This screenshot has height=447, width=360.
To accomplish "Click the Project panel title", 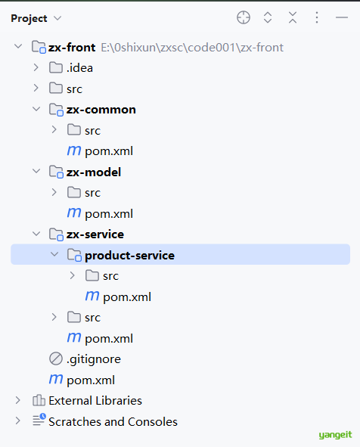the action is click(x=29, y=18).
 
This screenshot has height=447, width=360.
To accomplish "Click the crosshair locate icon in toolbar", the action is click(x=244, y=17).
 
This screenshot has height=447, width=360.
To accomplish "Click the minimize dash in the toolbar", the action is click(x=342, y=17).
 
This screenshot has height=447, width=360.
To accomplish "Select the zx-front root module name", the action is click(x=72, y=48).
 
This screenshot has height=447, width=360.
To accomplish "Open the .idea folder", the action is click(x=79, y=68).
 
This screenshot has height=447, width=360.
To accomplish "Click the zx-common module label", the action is click(x=101, y=110).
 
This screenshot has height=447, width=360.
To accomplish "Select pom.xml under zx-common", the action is click(x=109, y=151).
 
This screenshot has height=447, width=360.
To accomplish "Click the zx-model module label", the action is click(x=94, y=172).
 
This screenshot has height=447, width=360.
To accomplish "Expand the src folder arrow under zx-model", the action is click(x=54, y=193).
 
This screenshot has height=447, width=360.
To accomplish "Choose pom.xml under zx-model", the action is click(x=109, y=214).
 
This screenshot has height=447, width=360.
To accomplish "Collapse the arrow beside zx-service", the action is click(x=36, y=234).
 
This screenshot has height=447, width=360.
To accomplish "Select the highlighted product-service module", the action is click(x=129, y=256).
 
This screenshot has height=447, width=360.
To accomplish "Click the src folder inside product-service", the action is click(x=111, y=276).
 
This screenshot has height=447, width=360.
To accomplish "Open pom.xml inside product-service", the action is click(x=127, y=297).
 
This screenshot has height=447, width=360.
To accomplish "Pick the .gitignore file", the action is click(x=94, y=359).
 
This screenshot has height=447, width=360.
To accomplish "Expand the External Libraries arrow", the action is click(x=17, y=401).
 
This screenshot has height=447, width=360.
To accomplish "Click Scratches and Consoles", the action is click(x=113, y=421).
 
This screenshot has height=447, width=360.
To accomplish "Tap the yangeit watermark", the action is click(x=335, y=435).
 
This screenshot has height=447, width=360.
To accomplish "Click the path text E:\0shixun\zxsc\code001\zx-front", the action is click(x=192, y=48).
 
